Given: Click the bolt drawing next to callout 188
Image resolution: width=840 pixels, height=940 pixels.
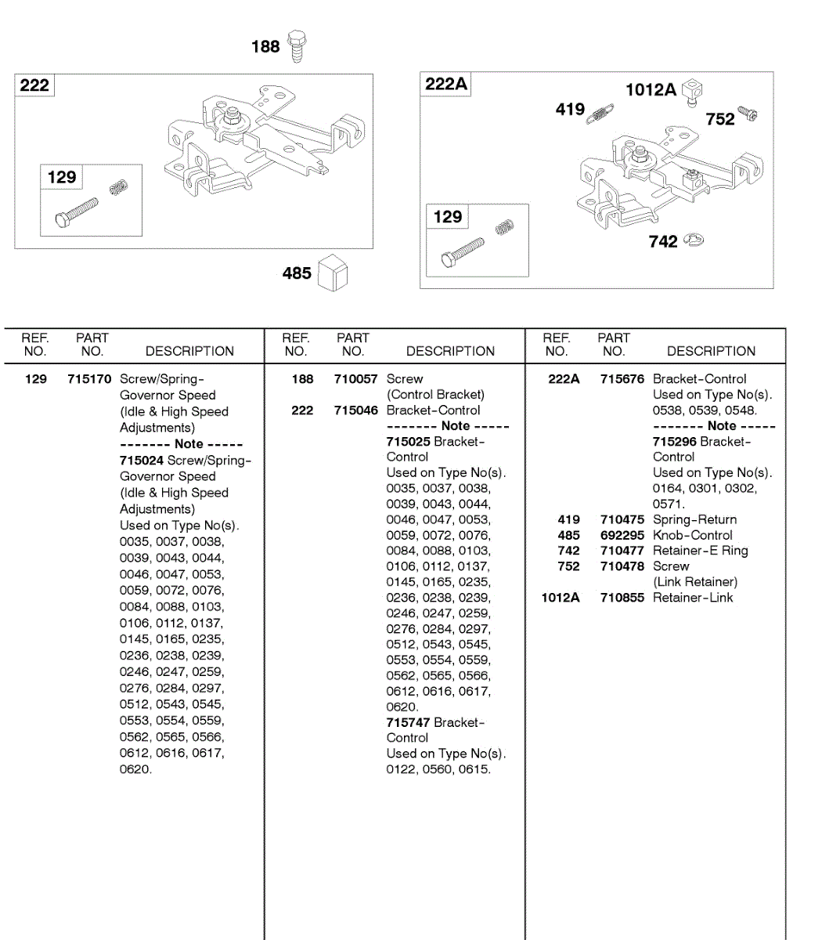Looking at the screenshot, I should [x=297, y=46].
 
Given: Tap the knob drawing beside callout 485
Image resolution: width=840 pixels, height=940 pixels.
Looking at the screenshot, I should [x=333, y=273].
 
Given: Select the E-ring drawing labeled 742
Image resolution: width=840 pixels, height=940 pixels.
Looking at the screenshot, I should [x=694, y=240].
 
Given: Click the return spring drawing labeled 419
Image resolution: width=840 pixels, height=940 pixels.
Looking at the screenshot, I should [x=600, y=113].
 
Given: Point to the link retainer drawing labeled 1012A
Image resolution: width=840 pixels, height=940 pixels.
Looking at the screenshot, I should [x=692, y=92].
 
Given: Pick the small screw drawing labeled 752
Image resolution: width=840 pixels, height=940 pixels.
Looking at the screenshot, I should [x=747, y=114].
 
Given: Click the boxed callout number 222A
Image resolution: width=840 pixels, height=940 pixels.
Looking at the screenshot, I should [x=445, y=84].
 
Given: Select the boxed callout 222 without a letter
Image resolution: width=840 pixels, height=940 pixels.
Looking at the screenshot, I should [x=34, y=85].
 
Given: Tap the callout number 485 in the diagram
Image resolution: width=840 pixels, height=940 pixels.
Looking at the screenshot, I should [x=297, y=273].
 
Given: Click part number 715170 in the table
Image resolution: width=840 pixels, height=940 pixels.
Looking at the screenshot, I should [x=89, y=379].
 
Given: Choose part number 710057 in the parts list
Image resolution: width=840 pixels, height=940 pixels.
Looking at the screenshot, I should [x=355, y=379].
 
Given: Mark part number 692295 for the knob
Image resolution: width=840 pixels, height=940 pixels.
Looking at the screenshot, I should [x=622, y=535].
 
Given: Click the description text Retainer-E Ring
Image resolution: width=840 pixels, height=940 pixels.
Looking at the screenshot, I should [x=700, y=551].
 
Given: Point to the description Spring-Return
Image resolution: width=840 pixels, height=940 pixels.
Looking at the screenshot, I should [x=694, y=519].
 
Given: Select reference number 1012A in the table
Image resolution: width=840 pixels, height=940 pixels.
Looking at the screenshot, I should [x=561, y=598].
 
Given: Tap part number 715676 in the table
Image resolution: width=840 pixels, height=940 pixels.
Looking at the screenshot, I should [x=622, y=379].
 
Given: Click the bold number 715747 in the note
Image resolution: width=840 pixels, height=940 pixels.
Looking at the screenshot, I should [x=408, y=722].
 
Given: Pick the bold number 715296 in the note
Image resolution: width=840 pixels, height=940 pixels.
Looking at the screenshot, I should [x=674, y=442].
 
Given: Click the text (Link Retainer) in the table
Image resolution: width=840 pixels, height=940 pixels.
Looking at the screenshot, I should [x=695, y=582].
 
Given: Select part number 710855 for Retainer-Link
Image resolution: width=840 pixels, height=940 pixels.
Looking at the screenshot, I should [x=622, y=598].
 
